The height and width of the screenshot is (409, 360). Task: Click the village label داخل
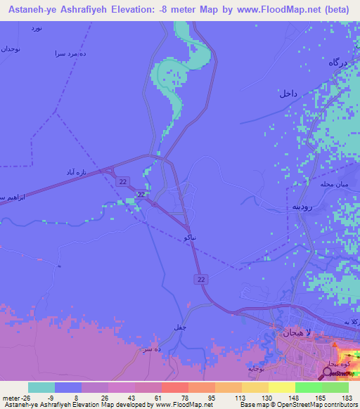288,93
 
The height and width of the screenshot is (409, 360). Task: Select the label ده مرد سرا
70,53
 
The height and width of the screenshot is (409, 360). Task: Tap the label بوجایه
255,368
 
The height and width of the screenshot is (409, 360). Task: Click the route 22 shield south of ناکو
201,279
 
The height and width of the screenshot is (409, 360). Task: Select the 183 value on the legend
345,398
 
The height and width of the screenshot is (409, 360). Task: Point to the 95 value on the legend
207,398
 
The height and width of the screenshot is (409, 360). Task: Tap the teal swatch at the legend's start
41,387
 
